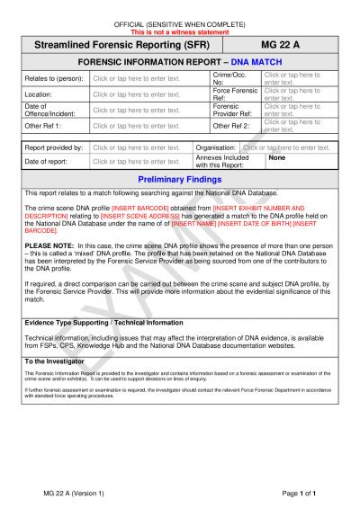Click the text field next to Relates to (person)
[137, 78]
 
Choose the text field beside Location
[137, 94]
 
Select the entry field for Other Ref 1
[137, 126]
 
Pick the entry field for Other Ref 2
[291, 126]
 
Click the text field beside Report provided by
[137, 147]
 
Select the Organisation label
[216, 147]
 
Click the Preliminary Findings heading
[179, 179]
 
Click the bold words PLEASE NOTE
[49, 245]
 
